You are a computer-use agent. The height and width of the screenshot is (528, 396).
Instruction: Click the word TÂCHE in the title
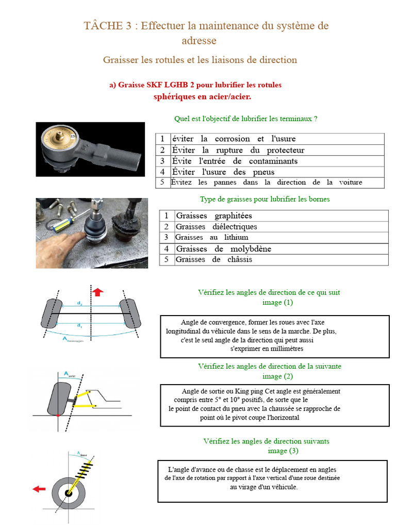(x=103, y=26)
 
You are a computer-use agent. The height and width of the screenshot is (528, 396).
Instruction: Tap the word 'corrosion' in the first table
(x=233, y=139)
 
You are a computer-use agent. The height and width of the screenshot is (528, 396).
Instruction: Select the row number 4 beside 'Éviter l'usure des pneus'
(x=162, y=172)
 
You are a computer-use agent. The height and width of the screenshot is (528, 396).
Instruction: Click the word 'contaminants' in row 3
(x=273, y=161)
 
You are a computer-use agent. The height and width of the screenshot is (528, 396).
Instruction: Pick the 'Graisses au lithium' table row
(x=274, y=237)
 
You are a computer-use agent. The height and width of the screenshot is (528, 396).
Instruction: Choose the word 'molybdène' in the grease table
(x=251, y=249)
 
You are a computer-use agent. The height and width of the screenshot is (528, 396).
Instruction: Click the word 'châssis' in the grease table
(x=239, y=259)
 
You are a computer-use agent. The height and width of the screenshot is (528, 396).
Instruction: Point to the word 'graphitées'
(x=233, y=216)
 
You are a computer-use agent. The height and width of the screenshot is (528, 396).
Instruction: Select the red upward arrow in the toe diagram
(x=97, y=292)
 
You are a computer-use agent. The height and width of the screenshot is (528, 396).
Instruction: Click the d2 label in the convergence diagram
(x=79, y=303)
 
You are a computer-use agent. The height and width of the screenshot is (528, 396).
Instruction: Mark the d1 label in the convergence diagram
(x=79, y=326)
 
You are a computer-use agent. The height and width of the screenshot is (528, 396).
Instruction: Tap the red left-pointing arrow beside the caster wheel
(x=39, y=489)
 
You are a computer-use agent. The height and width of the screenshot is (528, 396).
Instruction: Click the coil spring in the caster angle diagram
(x=84, y=470)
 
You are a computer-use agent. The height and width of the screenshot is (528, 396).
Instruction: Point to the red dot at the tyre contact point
(x=58, y=416)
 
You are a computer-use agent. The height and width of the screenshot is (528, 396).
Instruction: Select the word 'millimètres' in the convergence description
(x=286, y=349)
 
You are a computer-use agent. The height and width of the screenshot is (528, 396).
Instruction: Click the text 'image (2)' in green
(x=277, y=376)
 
